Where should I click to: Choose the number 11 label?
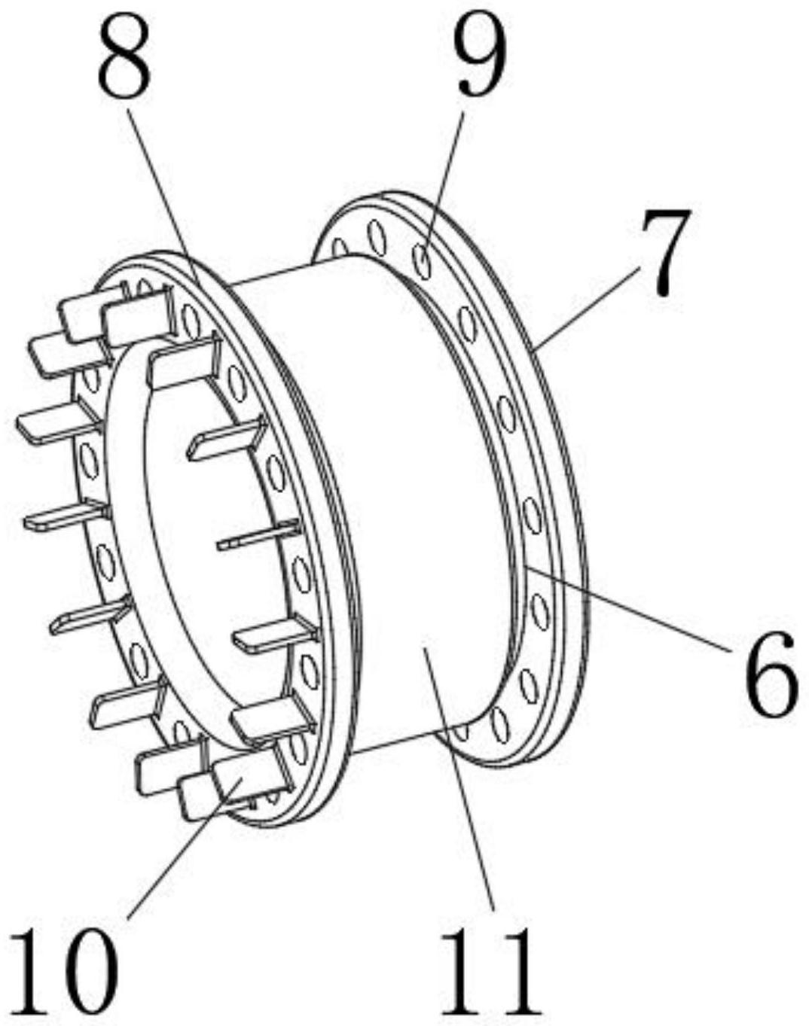(491, 972)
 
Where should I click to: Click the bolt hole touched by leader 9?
(423, 262)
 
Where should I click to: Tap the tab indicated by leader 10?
(240, 775)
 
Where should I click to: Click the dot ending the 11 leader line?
(428, 641)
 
